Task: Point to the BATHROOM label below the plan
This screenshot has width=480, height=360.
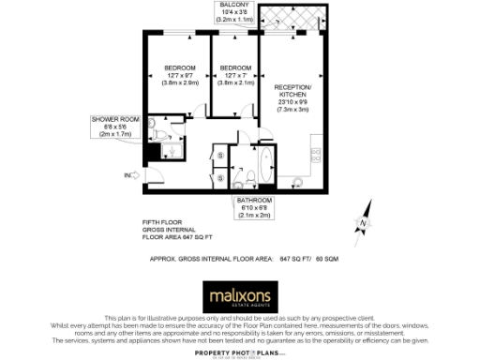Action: click(253, 201)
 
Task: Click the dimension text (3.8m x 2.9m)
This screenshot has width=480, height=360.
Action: click(179, 82)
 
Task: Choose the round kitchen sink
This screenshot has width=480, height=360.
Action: click(299, 181)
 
